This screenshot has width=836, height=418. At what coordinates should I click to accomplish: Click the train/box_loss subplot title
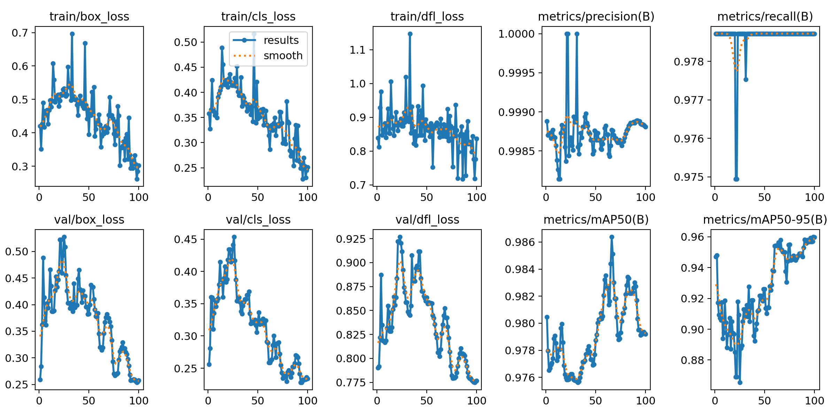[x=89, y=16]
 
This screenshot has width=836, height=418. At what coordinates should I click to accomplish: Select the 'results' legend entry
[x=281, y=40]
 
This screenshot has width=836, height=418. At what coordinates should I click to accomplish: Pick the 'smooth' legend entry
[x=283, y=56]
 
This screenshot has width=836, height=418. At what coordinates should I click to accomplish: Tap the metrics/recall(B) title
[x=765, y=16]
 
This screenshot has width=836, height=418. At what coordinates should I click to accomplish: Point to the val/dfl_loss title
[x=427, y=219]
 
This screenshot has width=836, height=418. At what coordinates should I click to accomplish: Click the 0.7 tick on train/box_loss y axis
[x=20, y=33]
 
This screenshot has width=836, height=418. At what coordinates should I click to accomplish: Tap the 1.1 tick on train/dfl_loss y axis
[x=357, y=50]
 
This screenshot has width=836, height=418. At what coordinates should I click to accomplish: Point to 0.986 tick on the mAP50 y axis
[x=519, y=242]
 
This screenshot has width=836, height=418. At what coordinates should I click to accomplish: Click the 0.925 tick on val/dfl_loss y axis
[x=351, y=239]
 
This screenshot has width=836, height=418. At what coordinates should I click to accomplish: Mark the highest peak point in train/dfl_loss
[x=410, y=34]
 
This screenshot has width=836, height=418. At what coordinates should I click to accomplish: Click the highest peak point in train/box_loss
[x=72, y=34]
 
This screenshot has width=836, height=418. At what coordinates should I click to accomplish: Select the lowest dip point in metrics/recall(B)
[x=736, y=179]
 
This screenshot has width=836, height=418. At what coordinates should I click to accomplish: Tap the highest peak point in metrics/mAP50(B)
[x=612, y=237]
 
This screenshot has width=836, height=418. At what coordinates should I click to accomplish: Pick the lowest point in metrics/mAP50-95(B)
[x=740, y=382]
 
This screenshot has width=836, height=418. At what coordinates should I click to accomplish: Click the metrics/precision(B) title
[x=596, y=16]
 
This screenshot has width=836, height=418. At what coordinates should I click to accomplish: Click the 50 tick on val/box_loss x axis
[x=89, y=401]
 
